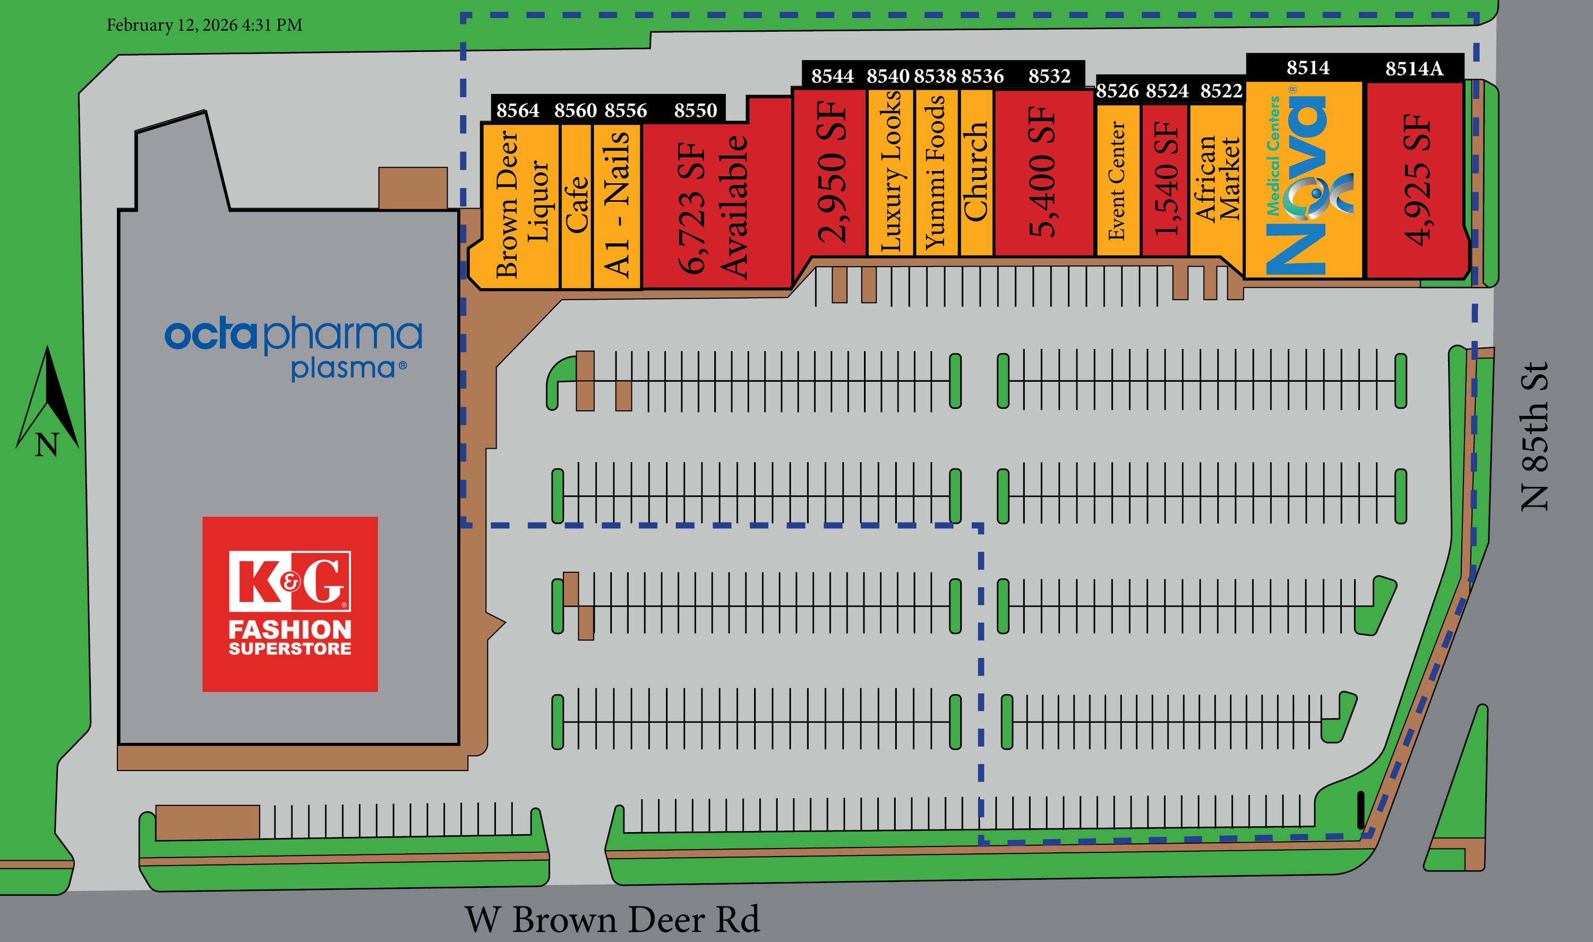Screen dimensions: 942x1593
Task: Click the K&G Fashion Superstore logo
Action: (x=290, y=604)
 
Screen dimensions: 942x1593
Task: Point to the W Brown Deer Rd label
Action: (x=612, y=919)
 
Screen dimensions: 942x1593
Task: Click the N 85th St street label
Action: (x=1534, y=436)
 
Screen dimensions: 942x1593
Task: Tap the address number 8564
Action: (x=518, y=110)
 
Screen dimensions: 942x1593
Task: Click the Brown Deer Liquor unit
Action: (x=520, y=204)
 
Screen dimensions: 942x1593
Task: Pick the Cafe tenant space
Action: (x=576, y=204)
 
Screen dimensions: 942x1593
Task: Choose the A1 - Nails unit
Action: (x=617, y=204)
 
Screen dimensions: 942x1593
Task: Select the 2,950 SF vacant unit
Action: (x=831, y=172)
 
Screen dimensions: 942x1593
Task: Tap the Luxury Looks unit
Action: (x=890, y=172)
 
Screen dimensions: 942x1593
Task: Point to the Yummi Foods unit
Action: (x=936, y=172)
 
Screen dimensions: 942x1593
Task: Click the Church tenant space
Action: (x=976, y=172)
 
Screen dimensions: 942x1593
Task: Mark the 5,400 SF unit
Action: (x=1044, y=172)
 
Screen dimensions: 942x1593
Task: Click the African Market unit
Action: (x=1216, y=179)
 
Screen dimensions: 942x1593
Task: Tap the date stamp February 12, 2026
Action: (x=204, y=25)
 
